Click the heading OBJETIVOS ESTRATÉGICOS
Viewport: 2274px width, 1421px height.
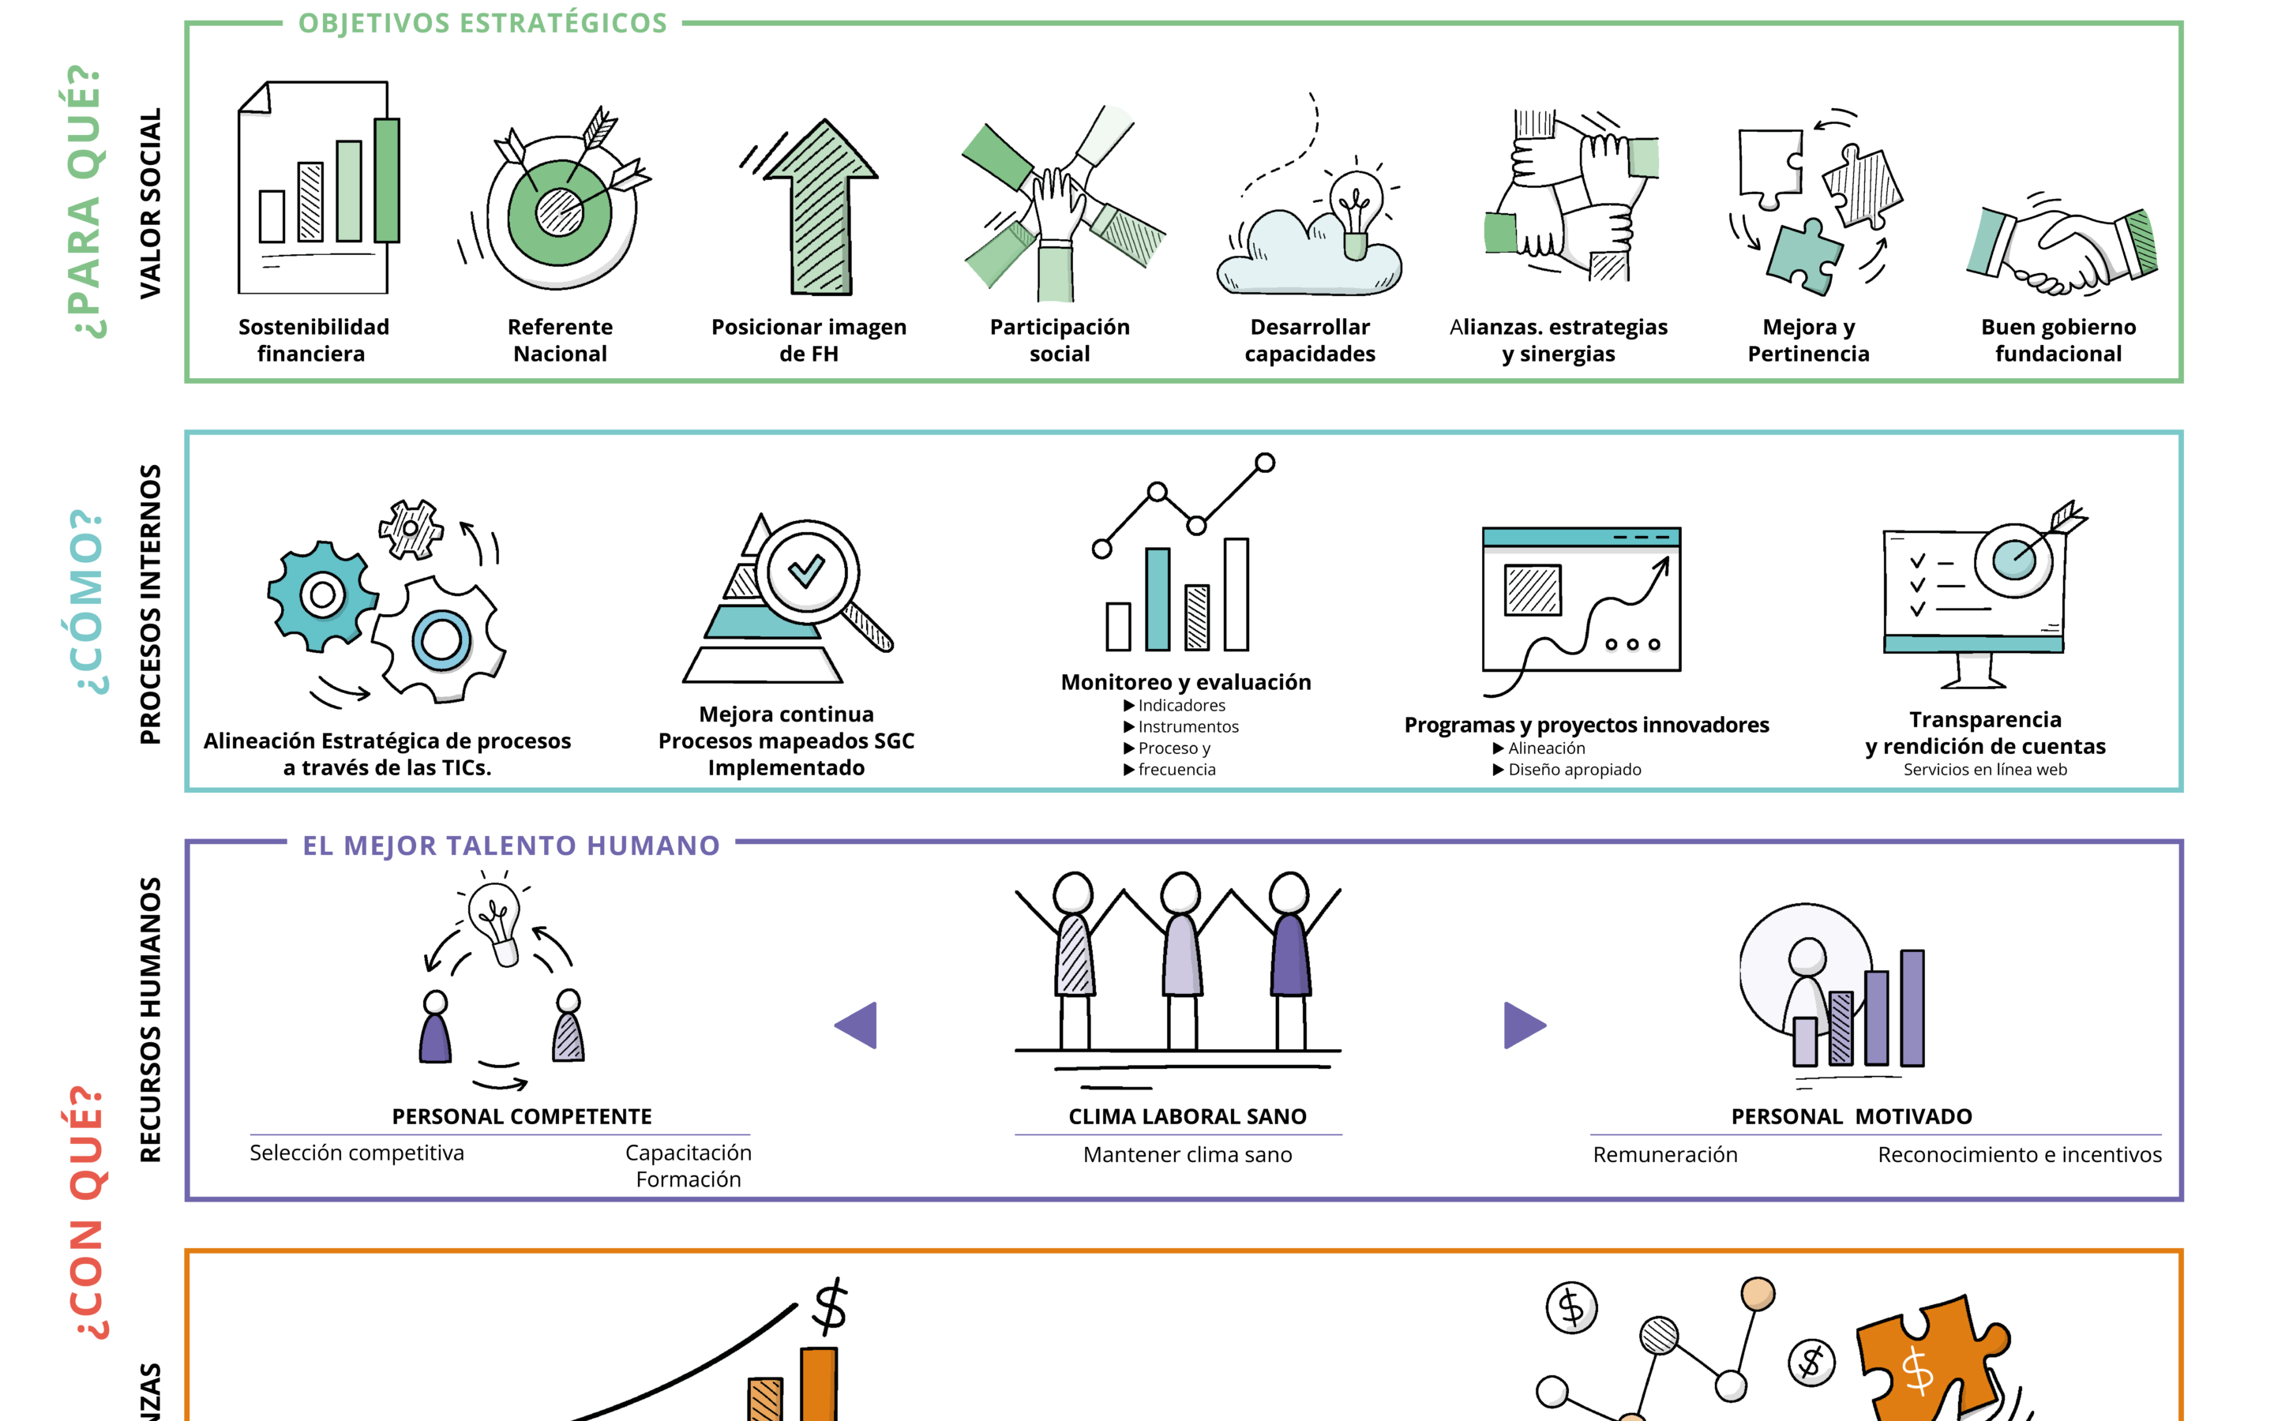[482, 24]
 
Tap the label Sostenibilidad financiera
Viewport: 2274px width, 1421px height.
[313, 340]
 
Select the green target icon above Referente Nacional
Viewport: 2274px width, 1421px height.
[559, 212]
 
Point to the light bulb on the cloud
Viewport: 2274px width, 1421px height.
[1354, 212]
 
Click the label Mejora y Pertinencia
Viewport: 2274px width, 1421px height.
[1808, 340]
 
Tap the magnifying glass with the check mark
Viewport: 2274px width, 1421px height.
[808, 573]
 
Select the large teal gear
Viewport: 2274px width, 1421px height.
[321, 596]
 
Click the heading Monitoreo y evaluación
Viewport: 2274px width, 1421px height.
[1186, 682]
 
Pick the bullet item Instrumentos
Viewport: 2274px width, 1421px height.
[1188, 726]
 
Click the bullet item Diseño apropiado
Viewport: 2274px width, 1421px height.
[1574, 770]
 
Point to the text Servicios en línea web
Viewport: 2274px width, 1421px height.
[1984, 770]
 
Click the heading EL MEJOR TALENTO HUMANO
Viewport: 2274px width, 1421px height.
[510, 845]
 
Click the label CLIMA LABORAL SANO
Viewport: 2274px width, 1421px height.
[1187, 1116]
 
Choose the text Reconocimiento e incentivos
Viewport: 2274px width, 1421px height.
[2019, 1155]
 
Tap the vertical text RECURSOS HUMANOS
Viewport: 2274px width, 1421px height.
[150, 1020]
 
